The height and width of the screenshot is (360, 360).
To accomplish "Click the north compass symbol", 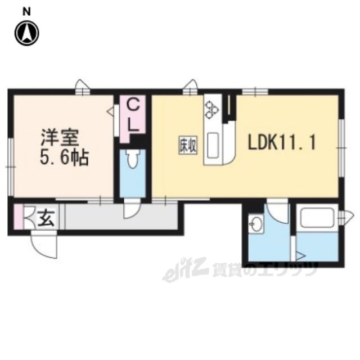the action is click(x=27, y=33).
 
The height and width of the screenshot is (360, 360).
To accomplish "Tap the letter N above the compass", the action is click(x=26, y=12).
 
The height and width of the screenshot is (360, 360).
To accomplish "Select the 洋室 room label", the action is click(x=60, y=137).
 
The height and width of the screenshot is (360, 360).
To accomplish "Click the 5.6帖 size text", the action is click(x=64, y=157).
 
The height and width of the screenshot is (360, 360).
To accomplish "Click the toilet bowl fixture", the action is click(x=133, y=159).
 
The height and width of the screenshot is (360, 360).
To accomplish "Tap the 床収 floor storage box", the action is click(x=188, y=146).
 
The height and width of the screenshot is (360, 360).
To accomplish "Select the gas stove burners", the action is click(x=212, y=109).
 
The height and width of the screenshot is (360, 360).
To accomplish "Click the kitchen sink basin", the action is click(x=213, y=146).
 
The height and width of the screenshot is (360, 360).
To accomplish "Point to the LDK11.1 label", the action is click(x=282, y=142).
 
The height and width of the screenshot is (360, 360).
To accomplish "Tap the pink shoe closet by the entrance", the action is click(x=19, y=217).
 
